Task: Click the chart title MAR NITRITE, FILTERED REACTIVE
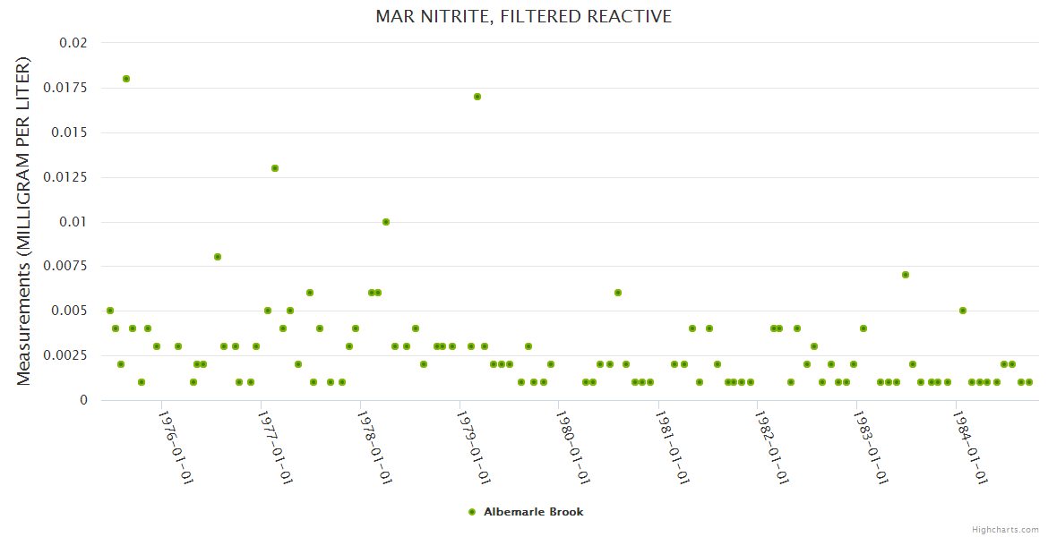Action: (524, 17)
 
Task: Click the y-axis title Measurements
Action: (23, 220)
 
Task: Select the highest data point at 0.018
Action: (126, 79)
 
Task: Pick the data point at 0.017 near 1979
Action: (477, 97)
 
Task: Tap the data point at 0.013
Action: (275, 168)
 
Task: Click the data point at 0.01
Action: (386, 222)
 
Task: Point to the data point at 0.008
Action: (218, 257)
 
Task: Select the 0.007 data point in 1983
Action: (906, 275)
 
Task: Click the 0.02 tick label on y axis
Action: (73, 43)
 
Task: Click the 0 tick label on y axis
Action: (83, 400)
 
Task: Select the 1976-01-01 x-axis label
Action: (176, 447)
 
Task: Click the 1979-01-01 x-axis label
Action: (475, 447)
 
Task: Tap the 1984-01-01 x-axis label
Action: (970, 447)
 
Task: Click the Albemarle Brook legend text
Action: (533, 512)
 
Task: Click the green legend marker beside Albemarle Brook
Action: (472, 512)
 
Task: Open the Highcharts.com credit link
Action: (1005, 529)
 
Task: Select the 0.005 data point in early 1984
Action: (963, 311)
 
